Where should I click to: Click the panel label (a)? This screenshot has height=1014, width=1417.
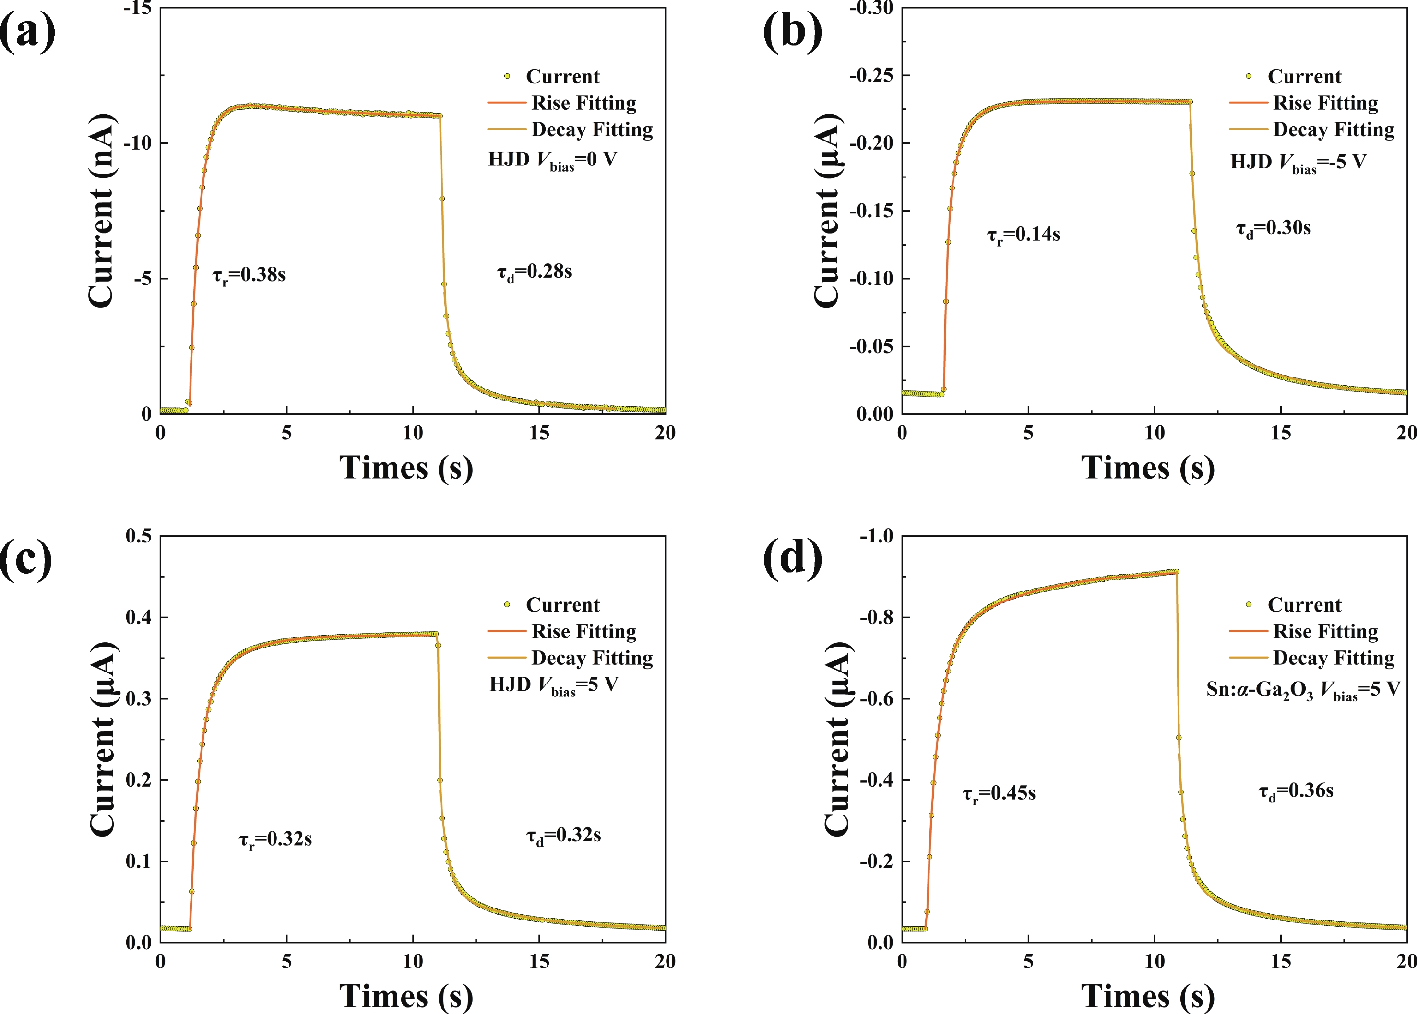[x=27, y=31]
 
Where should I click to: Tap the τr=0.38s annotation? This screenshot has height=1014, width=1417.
[x=249, y=275]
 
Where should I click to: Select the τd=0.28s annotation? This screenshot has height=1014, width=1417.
[x=534, y=272]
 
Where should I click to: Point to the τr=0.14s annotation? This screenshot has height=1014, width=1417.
[x=1023, y=236]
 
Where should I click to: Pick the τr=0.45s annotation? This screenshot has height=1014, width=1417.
[x=999, y=793]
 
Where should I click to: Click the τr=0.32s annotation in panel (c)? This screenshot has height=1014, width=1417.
[x=275, y=840]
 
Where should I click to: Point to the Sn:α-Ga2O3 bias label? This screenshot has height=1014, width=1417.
[x=1303, y=690]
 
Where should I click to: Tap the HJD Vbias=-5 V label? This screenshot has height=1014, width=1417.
[x=1298, y=163]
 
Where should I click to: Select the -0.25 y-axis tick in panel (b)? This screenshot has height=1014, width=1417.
[x=871, y=76]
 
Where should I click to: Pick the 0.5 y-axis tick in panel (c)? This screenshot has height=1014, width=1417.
[x=138, y=536]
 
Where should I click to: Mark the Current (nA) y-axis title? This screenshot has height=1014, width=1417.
[x=101, y=211]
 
